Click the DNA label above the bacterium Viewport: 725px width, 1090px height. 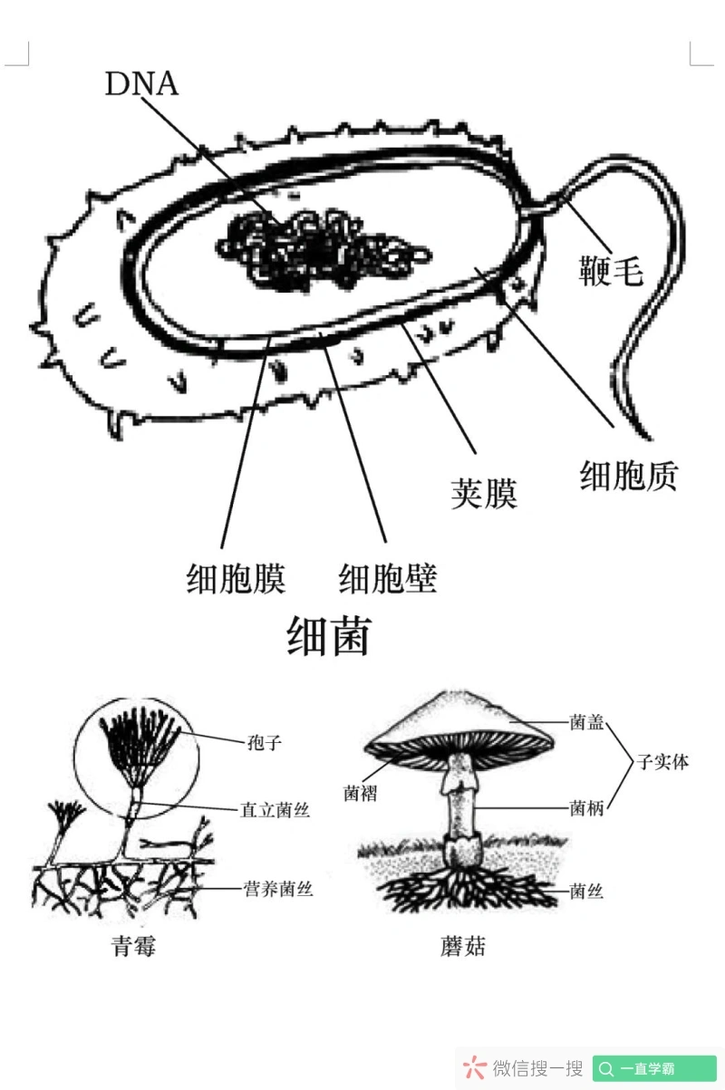tap(141, 83)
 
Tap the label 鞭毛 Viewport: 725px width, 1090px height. tap(611, 269)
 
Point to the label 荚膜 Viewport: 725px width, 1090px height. tap(484, 493)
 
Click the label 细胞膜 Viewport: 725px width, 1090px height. tap(236, 578)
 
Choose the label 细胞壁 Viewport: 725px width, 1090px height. tap(388, 578)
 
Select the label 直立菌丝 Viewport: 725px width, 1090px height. tap(275, 810)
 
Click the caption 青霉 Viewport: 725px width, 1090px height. tap(133, 947)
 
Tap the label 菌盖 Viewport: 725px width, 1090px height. tap(586, 722)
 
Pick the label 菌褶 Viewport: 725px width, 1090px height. tap(361, 794)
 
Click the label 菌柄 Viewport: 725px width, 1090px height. tap(586, 808)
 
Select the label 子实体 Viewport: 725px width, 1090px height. tap(662, 762)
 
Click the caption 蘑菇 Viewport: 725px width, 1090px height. tap(462, 947)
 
